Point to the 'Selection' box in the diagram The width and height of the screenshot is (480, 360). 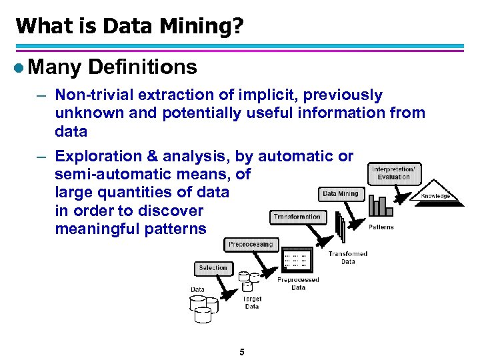213,268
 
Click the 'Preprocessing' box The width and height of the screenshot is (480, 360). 251,245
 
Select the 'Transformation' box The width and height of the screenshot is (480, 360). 297,217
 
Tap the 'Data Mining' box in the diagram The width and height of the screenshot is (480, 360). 340,194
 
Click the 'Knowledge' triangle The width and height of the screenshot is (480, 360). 435,192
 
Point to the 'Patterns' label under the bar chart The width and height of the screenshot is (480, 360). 381,227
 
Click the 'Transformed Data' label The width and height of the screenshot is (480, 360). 347,258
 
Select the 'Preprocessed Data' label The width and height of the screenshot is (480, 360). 298,284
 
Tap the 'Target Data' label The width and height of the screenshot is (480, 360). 252,303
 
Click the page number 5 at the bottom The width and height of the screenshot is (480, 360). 241,352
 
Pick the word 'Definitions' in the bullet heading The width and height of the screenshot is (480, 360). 142,67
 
